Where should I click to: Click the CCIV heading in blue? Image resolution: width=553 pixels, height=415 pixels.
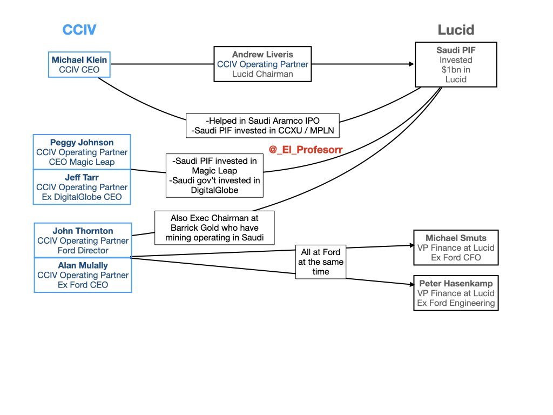coord(79,30)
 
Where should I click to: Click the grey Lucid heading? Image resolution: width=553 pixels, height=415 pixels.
coord(455,30)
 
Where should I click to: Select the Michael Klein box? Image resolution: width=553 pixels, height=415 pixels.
coord(79,64)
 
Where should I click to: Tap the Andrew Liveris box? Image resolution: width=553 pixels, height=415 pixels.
coord(262,64)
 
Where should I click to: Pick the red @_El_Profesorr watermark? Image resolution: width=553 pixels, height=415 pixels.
coord(306,150)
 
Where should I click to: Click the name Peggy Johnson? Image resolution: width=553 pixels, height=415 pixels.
coord(82,143)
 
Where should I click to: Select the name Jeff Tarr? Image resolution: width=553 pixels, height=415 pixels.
coord(82,177)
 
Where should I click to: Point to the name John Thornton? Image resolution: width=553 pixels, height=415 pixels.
coord(83,231)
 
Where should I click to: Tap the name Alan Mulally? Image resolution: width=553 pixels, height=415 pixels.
coord(83,265)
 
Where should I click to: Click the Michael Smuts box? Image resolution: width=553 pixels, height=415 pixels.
coord(456,247)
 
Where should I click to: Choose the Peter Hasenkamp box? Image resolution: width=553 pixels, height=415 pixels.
coord(456,293)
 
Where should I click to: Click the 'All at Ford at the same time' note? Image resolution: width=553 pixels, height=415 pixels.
coord(320,262)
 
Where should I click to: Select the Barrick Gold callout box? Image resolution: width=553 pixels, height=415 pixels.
coord(214,227)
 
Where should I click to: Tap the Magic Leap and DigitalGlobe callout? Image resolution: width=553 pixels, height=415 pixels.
coord(214,176)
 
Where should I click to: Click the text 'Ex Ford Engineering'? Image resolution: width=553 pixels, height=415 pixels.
coord(456,303)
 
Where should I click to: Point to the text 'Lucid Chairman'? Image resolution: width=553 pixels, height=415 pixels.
coord(262,74)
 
